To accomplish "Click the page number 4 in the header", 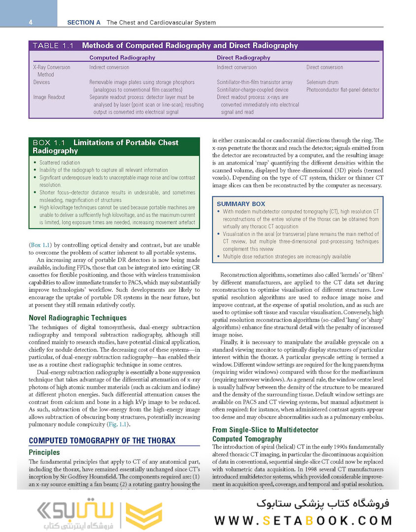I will (x=31, y=22).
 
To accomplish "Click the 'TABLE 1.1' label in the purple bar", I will (x=53, y=46).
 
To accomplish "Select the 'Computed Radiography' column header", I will (x=122, y=58).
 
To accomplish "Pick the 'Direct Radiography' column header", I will (x=243, y=58).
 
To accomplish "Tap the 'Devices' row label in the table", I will (x=41, y=82).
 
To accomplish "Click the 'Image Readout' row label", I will (x=49, y=97).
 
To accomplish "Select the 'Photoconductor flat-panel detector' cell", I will (x=343, y=90).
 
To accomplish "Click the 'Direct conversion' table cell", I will (x=324, y=67).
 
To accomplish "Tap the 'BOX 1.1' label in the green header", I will (x=50, y=143).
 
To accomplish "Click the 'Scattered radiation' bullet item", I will (x=59, y=163).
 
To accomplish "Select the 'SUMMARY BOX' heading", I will (x=241, y=204).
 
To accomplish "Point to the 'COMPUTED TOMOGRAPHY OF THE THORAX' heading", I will (x=102, y=440).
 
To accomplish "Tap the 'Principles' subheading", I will (x=44, y=452).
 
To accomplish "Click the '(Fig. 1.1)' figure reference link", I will (x=119, y=424).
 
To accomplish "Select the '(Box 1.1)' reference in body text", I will (x=41, y=244).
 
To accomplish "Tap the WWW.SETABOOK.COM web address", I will (x=303, y=520).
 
